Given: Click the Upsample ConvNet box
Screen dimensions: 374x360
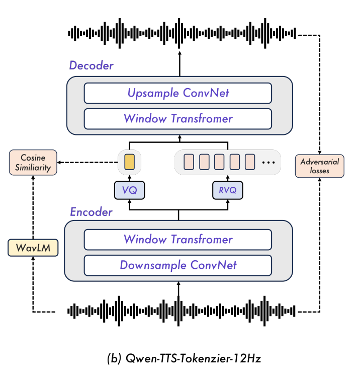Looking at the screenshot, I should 178,93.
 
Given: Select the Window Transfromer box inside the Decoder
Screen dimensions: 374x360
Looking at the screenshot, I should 178,119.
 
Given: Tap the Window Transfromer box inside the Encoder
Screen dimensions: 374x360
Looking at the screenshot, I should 178,239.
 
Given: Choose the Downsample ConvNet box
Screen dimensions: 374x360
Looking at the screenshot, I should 178,265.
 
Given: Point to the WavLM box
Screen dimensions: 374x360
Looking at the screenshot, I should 32,248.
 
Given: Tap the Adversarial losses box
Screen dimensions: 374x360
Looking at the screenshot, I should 320,166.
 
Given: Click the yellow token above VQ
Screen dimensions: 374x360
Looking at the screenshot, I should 129,162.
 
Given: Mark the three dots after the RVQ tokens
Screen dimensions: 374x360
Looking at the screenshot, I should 268,163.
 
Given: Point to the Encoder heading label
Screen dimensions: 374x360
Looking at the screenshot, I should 91,212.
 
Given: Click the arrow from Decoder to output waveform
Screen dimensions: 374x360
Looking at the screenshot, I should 178,64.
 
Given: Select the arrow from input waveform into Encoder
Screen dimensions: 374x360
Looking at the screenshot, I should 178,289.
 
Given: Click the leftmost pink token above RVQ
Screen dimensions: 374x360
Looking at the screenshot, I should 189,162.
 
